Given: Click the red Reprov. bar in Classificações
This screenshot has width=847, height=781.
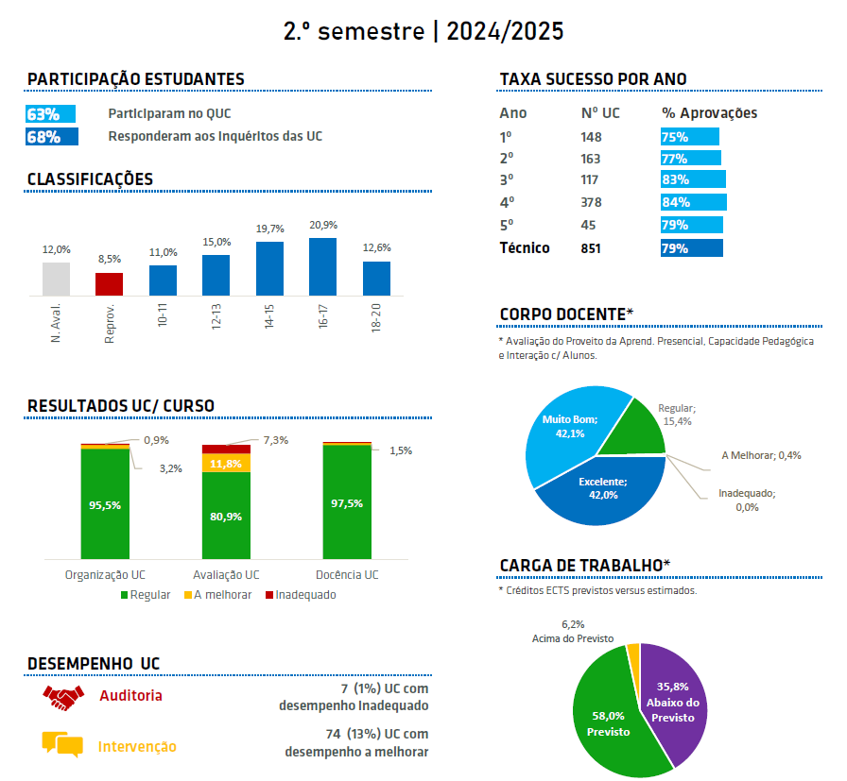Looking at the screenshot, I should pos(109,284).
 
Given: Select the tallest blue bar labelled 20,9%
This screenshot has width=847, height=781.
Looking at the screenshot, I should pos(323,266).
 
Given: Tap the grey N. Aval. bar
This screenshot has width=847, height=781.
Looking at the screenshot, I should pos(56,279).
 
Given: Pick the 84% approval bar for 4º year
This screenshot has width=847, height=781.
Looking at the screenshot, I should pos(693,202).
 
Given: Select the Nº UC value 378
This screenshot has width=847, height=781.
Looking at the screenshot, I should pos(591,202).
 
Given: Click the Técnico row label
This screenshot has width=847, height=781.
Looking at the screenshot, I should pos(525,248).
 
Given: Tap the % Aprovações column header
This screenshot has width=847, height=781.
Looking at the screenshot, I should pos(709,113).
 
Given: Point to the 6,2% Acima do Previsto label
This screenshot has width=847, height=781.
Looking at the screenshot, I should pos(572,631).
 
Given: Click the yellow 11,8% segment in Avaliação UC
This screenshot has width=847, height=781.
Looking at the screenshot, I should pos(227,464).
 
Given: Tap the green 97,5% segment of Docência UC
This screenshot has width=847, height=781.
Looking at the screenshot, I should pos(348,502).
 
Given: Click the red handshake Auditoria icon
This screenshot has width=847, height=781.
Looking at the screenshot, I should pos(63,697).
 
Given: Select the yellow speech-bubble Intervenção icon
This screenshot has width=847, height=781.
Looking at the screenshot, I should pos(62,744).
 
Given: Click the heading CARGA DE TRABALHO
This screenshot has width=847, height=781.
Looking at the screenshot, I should pos(584,565).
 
